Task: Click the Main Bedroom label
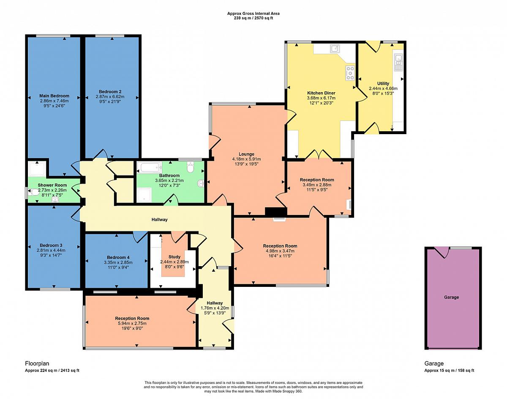click(x=54, y=96)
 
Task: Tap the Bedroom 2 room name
click(x=110, y=91)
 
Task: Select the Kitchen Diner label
click(x=321, y=93)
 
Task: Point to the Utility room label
click(x=383, y=83)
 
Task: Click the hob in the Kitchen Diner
click(x=350, y=73)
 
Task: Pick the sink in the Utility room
click(x=398, y=62)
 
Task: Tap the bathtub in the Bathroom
click(x=149, y=167)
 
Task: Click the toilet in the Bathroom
click(x=191, y=167)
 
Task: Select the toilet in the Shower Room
click(x=33, y=193)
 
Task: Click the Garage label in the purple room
click(x=452, y=297)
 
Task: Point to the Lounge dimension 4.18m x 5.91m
click(x=246, y=159)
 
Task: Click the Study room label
click(x=174, y=257)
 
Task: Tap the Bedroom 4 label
click(x=116, y=257)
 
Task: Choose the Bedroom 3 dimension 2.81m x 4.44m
click(x=51, y=250)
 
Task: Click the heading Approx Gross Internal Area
click(x=253, y=14)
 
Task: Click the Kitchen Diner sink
click(x=335, y=49)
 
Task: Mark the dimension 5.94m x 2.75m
click(x=132, y=323)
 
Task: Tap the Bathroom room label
click(x=169, y=176)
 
